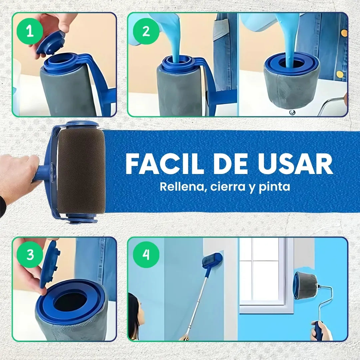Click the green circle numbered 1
point(30,31)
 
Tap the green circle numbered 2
point(146,31)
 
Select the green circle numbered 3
point(30,255)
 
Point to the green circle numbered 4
point(146,255)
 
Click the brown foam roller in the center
point(81,170)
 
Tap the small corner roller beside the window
point(306,286)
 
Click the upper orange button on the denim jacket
point(344,33)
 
